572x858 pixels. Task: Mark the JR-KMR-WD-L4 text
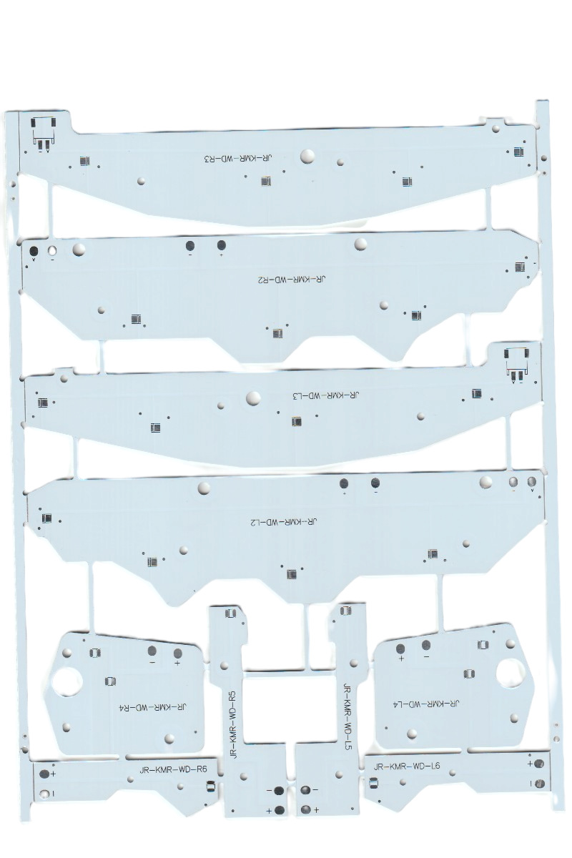pos(424,704)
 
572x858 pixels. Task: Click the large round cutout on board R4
pos(66,681)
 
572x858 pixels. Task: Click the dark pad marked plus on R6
pos(44,774)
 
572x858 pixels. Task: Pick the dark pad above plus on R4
pos(177,653)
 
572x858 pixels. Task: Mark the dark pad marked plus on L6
pos(538,764)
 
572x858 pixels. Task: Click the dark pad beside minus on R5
pos(279,790)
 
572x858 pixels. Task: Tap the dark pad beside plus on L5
pos(306,809)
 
